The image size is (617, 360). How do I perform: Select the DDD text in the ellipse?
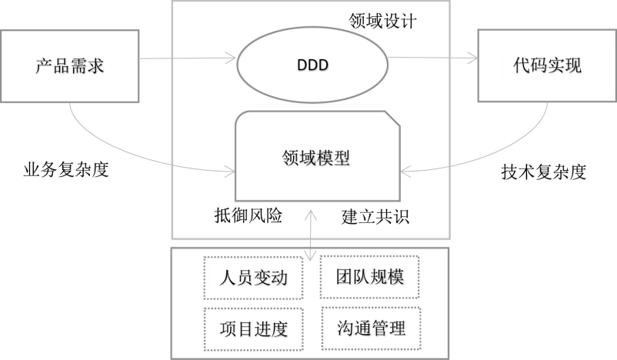tap(312, 65)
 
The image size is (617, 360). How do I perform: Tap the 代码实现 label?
tap(547, 65)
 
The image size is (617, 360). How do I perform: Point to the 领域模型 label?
tap(311, 158)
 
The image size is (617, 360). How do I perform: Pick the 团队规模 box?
tap(370, 276)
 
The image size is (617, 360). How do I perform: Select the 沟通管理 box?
tap(371, 328)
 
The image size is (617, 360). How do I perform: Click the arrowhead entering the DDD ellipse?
tap(231, 56)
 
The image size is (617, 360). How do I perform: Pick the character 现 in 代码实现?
tap(572, 65)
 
